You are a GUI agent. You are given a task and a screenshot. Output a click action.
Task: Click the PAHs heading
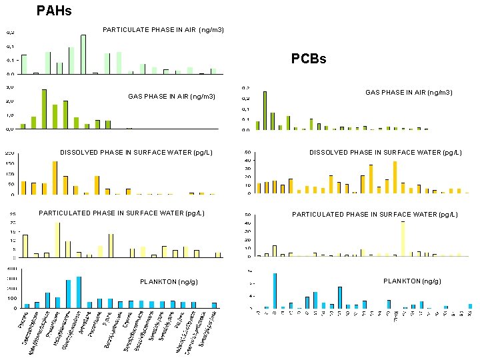54,11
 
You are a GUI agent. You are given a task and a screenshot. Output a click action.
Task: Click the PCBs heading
309,59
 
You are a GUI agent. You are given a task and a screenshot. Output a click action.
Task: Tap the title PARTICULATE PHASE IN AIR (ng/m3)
163,30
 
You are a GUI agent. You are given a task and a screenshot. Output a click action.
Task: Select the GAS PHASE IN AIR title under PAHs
171,97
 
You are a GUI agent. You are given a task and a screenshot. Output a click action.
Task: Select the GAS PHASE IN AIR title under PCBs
409,93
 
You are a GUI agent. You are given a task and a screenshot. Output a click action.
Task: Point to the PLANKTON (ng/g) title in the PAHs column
168,282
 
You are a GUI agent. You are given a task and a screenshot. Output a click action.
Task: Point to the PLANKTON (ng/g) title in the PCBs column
412,281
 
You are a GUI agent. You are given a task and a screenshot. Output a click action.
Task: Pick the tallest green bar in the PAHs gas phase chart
44,109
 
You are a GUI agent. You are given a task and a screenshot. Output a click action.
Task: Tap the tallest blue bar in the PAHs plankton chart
79,292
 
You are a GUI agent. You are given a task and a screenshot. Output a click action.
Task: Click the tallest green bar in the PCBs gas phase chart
265,111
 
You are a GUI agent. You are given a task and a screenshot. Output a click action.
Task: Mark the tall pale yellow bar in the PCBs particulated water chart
403,239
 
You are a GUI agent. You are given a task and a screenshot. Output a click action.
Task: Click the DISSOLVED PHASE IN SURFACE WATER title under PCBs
384,153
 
